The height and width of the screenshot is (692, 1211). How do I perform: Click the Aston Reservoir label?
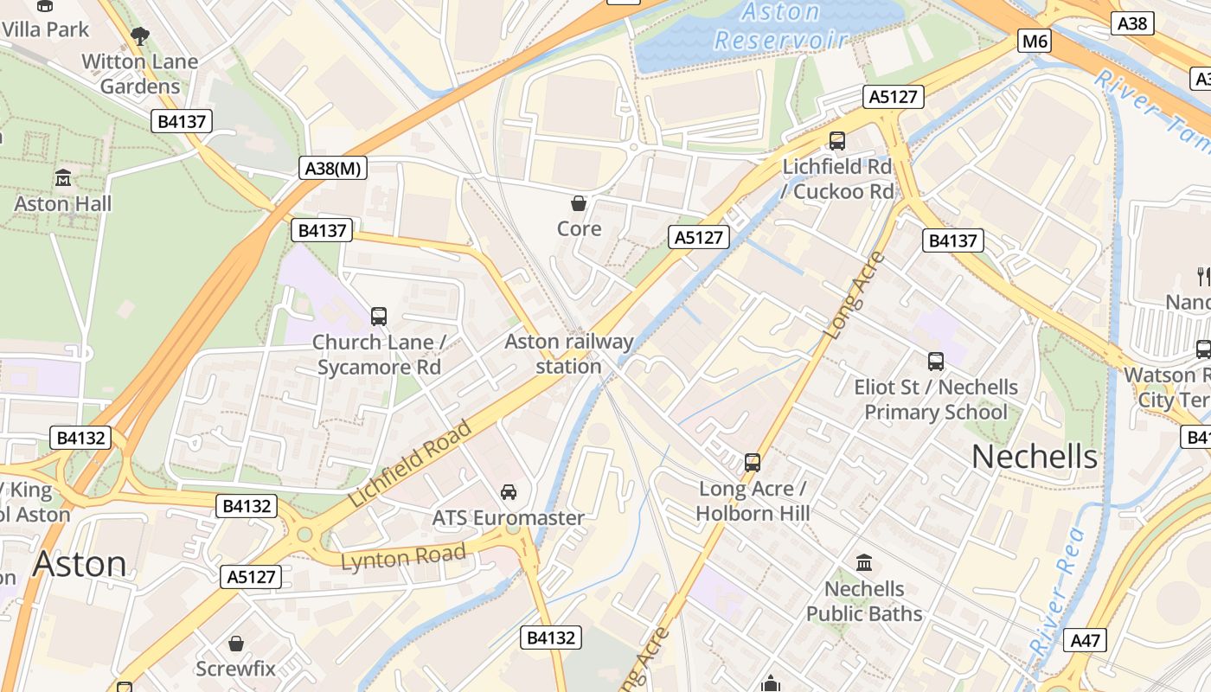(780, 26)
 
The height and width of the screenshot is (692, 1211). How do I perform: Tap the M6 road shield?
(1035, 41)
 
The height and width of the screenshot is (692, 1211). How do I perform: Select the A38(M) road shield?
(333, 168)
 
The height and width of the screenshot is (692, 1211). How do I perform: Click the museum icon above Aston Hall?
(63, 178)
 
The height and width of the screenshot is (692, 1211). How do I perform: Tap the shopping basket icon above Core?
(579, 203)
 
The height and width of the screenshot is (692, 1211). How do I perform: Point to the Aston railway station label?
(568, 354)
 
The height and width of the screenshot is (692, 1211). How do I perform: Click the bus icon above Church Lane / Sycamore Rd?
(379, 317)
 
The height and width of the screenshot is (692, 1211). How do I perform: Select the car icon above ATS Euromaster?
(509, 491)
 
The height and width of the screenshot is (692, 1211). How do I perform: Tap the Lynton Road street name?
(403, 556)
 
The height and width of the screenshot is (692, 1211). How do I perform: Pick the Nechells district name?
(1035, 457)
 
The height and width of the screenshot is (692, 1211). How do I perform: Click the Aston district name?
(80, 564)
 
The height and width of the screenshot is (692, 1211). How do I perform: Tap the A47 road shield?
(1085, 640)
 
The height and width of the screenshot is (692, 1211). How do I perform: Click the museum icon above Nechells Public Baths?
(863, 563)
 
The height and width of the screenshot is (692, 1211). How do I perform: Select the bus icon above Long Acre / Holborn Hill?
(753, 463)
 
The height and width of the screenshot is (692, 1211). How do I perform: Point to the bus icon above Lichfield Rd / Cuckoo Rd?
(836, 140)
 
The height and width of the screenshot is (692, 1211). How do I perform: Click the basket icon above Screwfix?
(235, 644)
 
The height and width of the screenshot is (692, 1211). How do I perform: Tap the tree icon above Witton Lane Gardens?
(139, 36)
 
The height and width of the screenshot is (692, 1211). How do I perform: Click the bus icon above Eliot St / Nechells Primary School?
(936, 362)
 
